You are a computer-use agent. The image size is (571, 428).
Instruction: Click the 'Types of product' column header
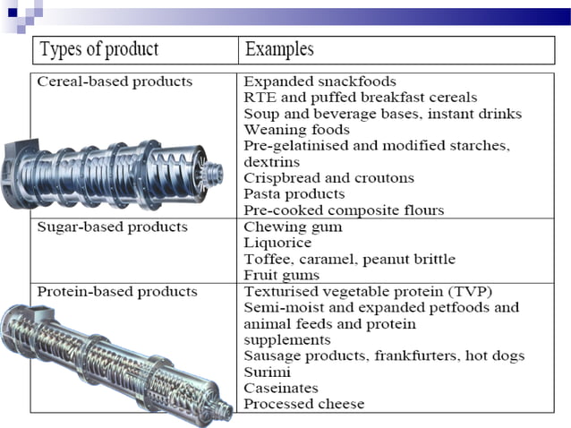[x=98, y=48]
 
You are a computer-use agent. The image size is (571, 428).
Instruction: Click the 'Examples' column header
[x=279, y=48]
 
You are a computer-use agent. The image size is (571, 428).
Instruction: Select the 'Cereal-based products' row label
[x=115, y=81]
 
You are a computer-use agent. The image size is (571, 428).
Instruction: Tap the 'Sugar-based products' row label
[x=112, y=227]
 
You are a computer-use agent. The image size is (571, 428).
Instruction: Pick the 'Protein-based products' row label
[x=117, y=292]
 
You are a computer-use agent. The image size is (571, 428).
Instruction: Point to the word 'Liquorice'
[x=277, y=244]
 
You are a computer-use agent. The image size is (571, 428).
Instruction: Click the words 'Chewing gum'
[x=293, y=227]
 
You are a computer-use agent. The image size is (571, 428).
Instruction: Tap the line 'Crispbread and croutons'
[x=329, y=178]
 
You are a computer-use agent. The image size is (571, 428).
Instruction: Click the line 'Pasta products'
[x=294, y=194]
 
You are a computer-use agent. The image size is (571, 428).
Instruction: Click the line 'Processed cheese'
[x=304, y=405]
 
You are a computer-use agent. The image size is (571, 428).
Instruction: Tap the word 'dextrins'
[x=273, y=162]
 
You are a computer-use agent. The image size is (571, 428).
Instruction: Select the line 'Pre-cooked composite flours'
[x=344, y=210]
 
